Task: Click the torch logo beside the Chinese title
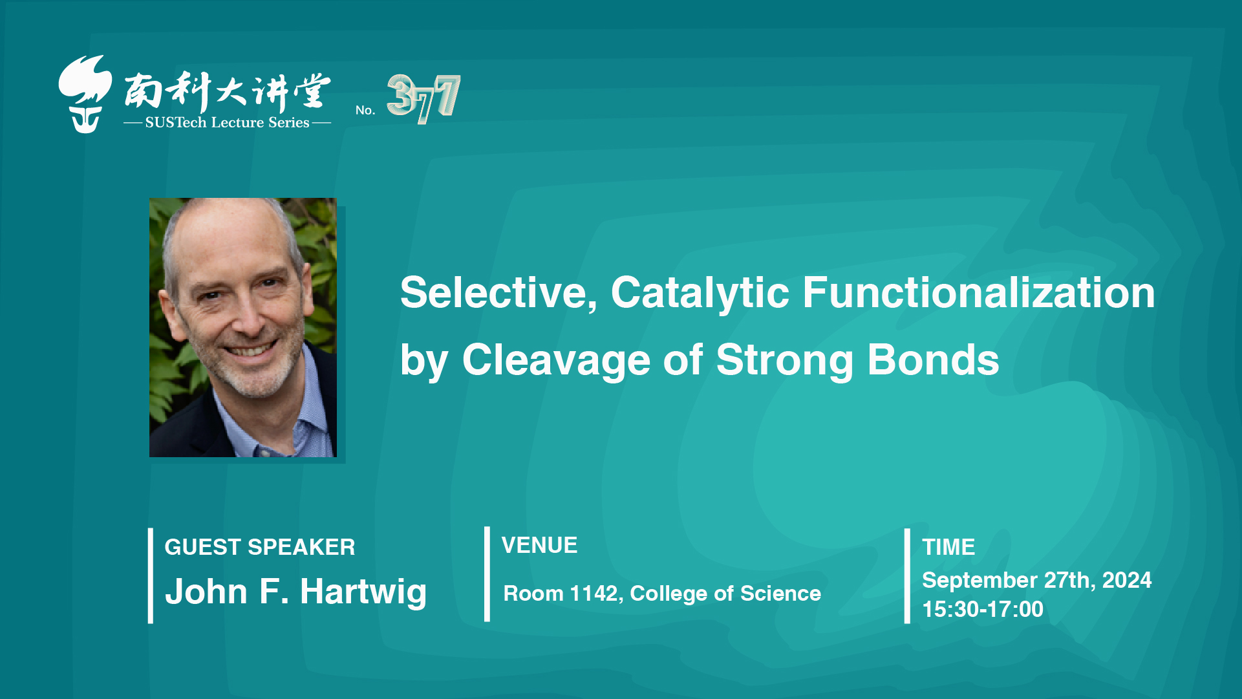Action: (x=85, y=94)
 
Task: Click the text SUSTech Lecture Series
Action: (x=227, y=122)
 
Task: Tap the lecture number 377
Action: (x=423, y=98)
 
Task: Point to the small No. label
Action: (x=365, y=110)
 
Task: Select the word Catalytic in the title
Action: (x=700, y=293)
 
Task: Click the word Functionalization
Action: (x=979, y=292)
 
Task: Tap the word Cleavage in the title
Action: (x=556, y=360)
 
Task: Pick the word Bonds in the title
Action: (x=933, y=360)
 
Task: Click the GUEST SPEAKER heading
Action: (x=260, y=547)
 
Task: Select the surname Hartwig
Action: (x=363, y=592)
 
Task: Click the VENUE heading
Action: (x=539, y=545)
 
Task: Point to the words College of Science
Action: (x=725, y=594)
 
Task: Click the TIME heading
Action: (x=948, y=547)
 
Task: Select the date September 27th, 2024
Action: (x=1036, y=580)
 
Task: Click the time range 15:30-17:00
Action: (x=983, y=609)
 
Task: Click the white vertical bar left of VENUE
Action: (x=487, y=574)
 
